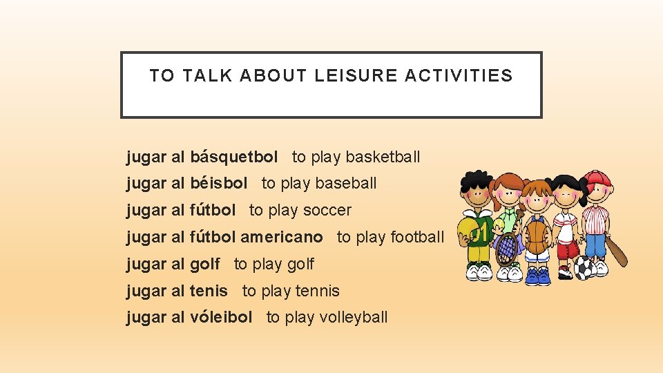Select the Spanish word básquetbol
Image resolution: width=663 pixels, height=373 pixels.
233,157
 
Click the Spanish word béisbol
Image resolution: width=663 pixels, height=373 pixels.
218,183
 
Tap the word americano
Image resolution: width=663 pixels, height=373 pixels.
281,237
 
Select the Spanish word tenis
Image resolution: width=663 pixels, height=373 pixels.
208,291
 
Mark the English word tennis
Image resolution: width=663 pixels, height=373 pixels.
317,291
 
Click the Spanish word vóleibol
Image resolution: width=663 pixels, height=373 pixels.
221,317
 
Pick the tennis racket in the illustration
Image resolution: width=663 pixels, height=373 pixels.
507,247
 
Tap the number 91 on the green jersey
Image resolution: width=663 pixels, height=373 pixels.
480,233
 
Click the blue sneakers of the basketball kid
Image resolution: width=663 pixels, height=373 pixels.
537,276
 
